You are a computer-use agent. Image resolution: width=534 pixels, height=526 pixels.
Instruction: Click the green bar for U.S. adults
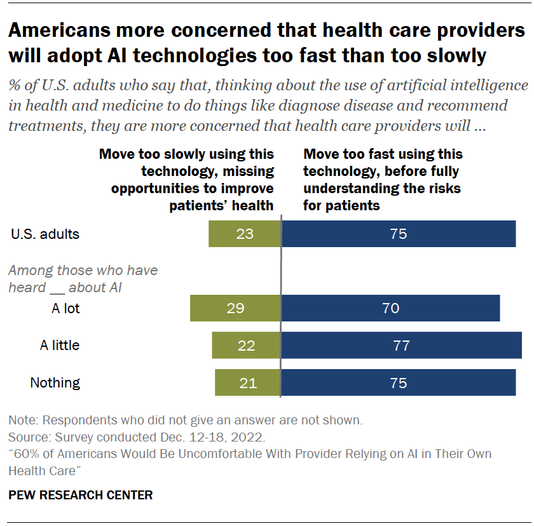click(x=245, y=234)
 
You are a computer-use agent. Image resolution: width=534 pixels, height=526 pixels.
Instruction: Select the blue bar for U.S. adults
click(x=399, y=234)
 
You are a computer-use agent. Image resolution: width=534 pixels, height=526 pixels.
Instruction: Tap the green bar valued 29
click(x=235, y=308)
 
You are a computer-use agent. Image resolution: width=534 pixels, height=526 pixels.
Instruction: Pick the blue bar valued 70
click(x=390, y=308)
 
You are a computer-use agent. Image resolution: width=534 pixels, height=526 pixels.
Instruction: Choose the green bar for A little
click(x=246, y=346)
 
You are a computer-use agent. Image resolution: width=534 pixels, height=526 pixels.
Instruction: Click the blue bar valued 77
click(x=401, y=346)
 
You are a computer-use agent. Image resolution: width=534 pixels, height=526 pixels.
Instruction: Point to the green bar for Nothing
click(x=247, y=382)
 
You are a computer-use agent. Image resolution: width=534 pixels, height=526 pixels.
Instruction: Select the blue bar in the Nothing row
click(x=399, y=382)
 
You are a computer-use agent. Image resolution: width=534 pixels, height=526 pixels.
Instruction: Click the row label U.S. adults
click(x=45, y=234)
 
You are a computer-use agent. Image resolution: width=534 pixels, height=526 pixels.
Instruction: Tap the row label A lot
click(x=65, y=309)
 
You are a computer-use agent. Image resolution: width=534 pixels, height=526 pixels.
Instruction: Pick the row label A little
click(x=60, y=346)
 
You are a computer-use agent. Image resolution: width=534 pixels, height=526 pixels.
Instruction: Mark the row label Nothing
click(x=55, y=382)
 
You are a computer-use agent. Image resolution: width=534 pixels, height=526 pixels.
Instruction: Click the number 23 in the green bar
click(x=245, y=234)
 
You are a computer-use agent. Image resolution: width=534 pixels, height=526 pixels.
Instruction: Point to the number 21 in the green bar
click(x=247, y=382)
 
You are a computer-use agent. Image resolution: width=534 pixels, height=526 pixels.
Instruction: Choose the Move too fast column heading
click(x=382, y=180)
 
